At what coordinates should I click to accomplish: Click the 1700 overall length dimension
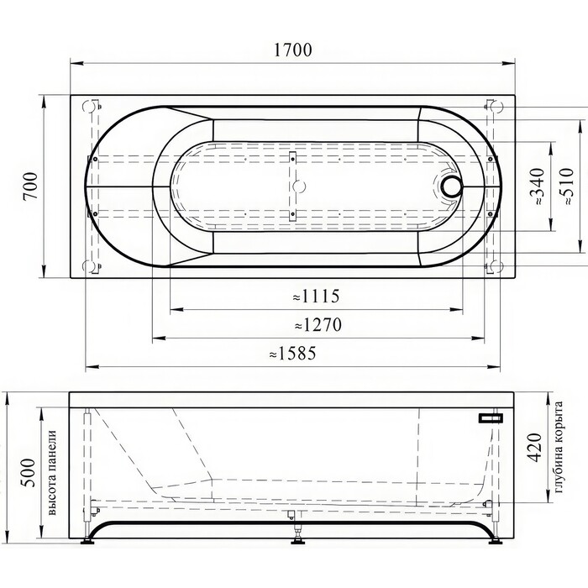pos(293,50)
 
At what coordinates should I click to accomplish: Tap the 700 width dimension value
pos(30,186)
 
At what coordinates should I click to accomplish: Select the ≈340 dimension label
pos(537,186)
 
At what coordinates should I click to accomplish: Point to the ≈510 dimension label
pos(566,186)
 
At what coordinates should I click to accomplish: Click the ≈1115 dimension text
pos(316,297)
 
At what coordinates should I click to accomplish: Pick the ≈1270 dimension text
pos(318,325)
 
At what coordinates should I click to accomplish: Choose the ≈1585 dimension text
pos(293,354)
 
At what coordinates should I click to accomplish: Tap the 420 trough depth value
pos(535,448)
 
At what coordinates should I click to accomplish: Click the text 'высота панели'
pos(52,472)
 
